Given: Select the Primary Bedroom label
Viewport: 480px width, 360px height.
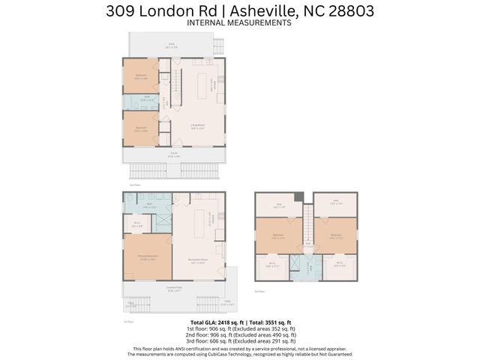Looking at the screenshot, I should pos(147,256).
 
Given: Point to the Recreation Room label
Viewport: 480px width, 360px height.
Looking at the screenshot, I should pos(199,262).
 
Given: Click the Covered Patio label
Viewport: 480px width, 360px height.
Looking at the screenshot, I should pos(175,289).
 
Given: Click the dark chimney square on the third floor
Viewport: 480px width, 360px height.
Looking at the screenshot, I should pos(299,197).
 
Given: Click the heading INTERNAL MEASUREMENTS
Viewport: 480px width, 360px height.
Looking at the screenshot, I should pos(239,23).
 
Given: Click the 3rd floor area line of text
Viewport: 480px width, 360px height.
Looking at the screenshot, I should pos(239,341).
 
